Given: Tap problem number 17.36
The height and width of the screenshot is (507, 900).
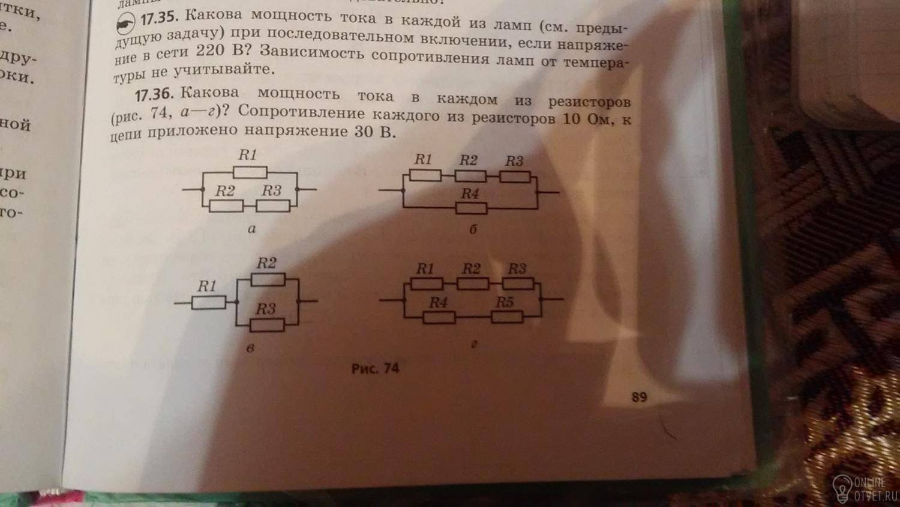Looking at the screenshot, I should pyautogui.click(x=154, y=95).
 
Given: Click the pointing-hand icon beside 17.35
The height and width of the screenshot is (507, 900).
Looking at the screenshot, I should pyautogui.click(x=125, y=25).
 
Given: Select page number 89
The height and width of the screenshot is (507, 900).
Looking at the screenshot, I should pyautogui.click(x=639, y=396).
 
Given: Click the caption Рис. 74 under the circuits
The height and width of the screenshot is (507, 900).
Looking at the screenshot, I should pyautogui.click(x=375, y=368).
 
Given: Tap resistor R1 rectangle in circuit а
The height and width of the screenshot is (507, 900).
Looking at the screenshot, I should pyautogui.click(x=250, y=173).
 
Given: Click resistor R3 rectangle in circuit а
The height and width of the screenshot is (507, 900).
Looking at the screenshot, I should pyautogui.click(x=273, y=206).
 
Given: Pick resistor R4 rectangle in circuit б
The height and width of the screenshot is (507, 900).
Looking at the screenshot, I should pyautogui.click(x=471, y=208).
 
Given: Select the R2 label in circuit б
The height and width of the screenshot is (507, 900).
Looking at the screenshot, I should pyautogui.click(x=469, y=160).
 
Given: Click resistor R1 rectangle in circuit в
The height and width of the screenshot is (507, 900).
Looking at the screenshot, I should pyautogui.click(x=209, y=302).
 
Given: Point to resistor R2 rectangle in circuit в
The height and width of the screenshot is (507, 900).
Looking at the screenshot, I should pyautogui.click(x=268, y=279).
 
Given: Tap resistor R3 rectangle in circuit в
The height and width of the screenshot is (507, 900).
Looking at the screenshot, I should pyautogui.click(x=267, y=326).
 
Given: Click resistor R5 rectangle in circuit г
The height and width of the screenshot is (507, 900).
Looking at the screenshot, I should pyautogui.click(x=506, y=317).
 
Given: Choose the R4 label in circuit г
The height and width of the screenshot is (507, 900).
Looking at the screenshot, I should pyautogui.click(x=438, y=302).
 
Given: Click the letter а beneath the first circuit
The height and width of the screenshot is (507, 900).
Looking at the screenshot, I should pyautogui.click(x=251, y=228).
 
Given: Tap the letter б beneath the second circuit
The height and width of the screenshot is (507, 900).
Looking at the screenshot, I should pyautogui.click(x=473, y=229).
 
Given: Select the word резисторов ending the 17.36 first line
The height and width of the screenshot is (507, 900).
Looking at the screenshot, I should pyautogui.click(x=589, y=102).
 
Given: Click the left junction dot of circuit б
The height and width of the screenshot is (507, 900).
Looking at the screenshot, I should pyautogui.click(x=403, y=190).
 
